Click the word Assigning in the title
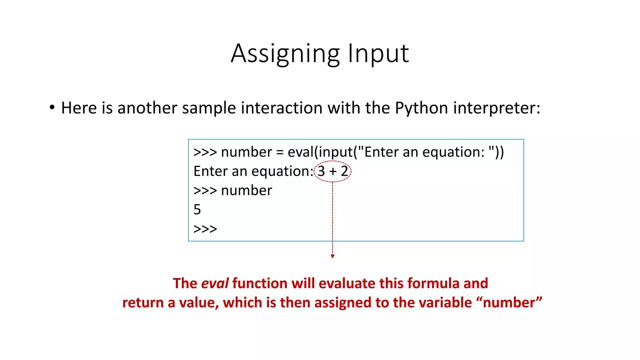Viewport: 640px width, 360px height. click(285, 54)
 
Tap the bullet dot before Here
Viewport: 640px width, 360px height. click(52, 107)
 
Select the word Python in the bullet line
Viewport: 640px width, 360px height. click(422, 108)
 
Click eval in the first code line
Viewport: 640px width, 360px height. click(300, 152)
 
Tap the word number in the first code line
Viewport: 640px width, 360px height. click(247, 152)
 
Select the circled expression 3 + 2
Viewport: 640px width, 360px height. click(332, 171)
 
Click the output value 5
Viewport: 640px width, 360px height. click(197, 210)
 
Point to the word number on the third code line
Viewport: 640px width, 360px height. click(247, 191)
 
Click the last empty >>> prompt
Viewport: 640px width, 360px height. click(205, 229)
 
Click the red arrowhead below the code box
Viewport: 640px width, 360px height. click(332, 256)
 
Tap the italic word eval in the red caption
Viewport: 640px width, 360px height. click(215, 283)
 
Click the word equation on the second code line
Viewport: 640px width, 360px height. click(280, 172)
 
